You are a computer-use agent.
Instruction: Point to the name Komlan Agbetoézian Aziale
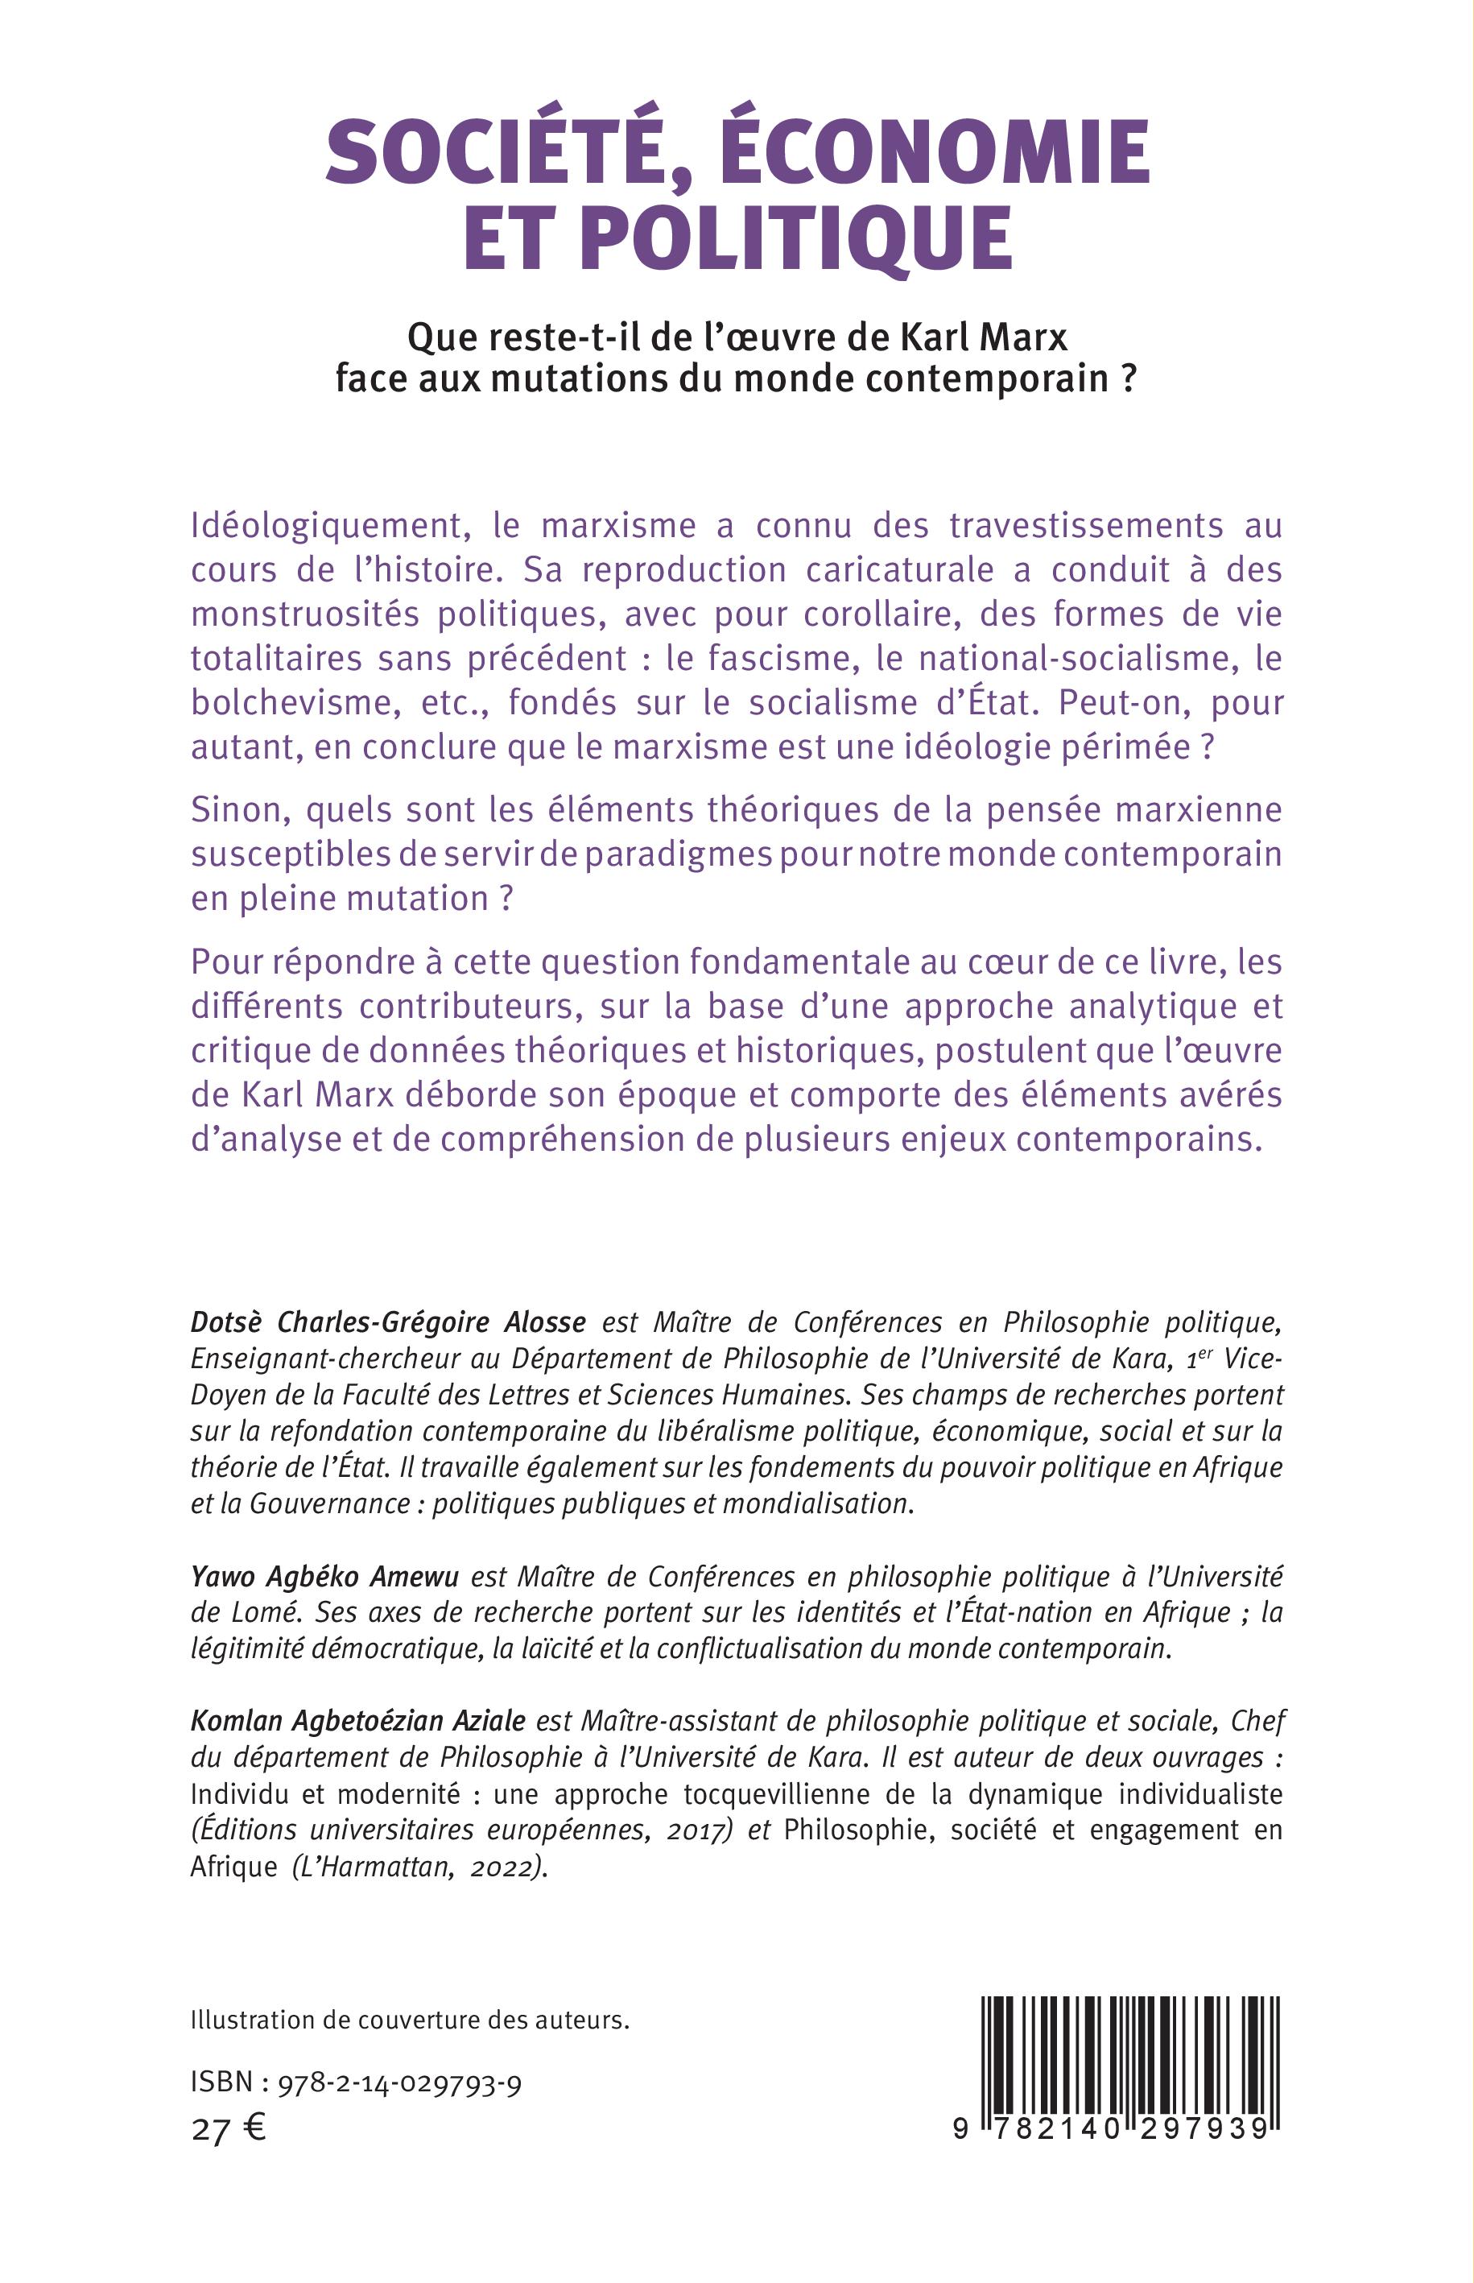coord(359,1721)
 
